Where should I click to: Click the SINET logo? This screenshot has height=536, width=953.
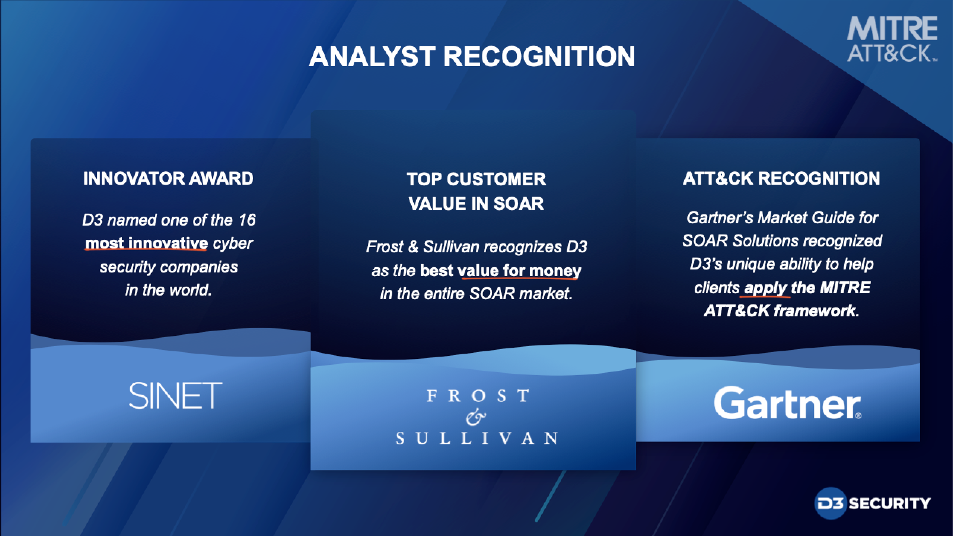tap(175, 395)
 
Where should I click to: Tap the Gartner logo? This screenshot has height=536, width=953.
tap(787, 403)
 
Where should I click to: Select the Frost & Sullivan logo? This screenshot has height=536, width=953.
tap(477, 417)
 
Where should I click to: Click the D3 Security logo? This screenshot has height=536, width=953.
tap(872, 504)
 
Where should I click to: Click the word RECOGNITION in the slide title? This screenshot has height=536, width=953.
tap(539, 57)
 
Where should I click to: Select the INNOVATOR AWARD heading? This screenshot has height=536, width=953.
tap(168, 178)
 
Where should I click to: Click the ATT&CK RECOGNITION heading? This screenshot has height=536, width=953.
tap(781, 178)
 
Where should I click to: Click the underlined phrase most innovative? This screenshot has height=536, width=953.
tap(146, 243)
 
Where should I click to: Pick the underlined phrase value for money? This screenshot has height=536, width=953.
tap(519, 271)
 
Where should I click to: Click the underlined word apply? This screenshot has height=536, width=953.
tap(765, 288)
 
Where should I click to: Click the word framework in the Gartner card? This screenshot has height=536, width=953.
tap(815, 310)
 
